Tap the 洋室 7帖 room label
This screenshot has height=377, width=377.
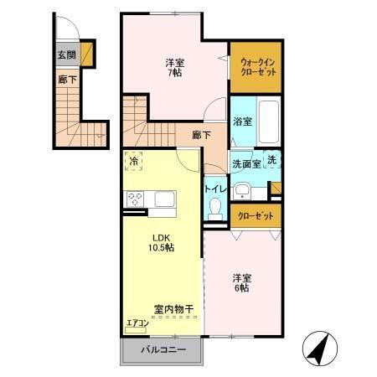tap(174, 66)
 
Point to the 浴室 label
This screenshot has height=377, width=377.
tap(242, 121)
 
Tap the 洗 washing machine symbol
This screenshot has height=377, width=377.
tap(272, 160)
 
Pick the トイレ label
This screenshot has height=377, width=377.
tap(214, 189)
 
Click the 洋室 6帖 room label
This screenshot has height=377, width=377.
tap(240, 283)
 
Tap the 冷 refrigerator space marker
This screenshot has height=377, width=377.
tap(135, 161)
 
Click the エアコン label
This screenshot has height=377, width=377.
tap(137, 323)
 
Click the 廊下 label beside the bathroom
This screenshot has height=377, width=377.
tap(201, 134)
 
